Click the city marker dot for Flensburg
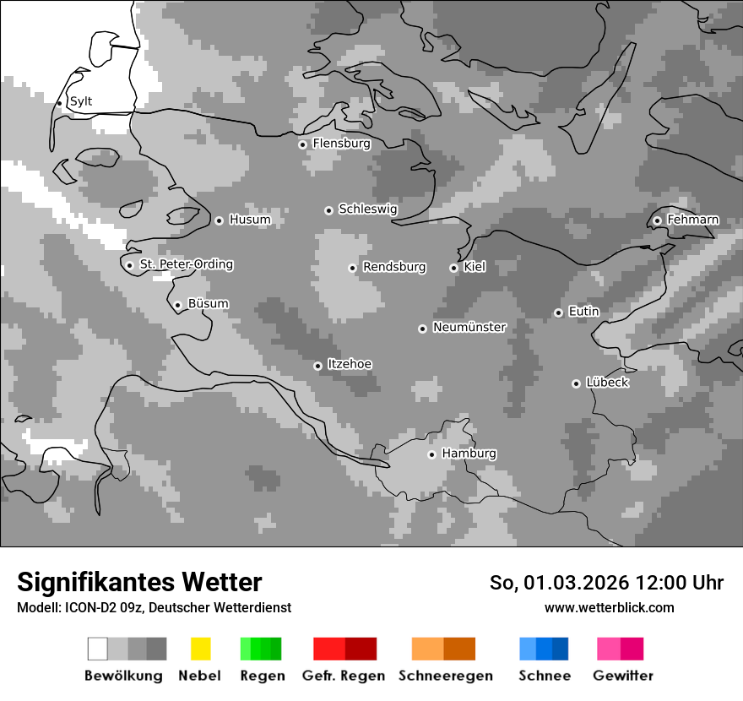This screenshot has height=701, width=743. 302,144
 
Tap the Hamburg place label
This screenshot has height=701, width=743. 469,454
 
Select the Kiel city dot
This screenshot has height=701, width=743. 453,268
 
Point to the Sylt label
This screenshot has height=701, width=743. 81,101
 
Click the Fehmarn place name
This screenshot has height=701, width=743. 692,220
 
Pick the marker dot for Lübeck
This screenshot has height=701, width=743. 576,383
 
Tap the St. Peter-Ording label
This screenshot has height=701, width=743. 186,264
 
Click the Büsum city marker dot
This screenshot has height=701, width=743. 177,305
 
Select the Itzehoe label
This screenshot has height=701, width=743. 350,364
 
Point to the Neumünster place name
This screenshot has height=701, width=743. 469,327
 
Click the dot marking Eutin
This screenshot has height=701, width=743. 558,312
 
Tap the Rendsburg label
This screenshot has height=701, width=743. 394,267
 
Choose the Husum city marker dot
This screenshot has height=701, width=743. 219,220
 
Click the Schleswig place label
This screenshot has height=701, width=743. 367,209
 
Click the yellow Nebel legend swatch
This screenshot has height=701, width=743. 200,649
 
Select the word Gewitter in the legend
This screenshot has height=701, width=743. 622,676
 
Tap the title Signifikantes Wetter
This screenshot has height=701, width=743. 139,582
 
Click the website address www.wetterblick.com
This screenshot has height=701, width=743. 609,607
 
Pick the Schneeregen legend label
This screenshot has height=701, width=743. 446,676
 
